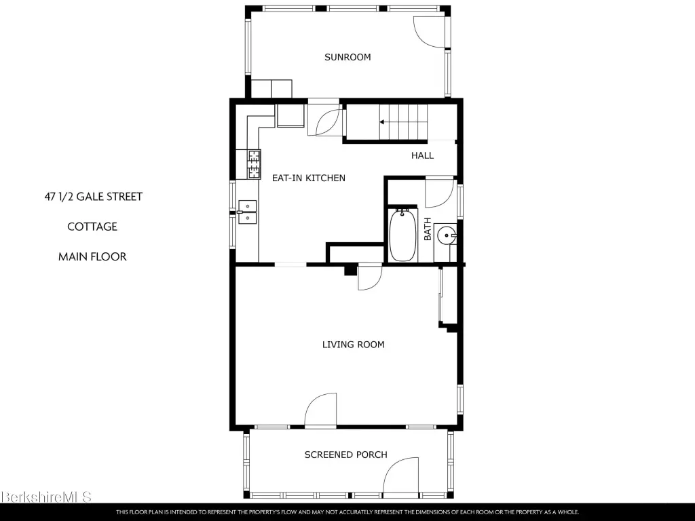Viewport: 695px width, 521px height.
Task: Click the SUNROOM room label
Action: point(347,57)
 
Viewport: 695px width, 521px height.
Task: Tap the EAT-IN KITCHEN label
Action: point(309,178)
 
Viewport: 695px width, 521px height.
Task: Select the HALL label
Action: point(422,155)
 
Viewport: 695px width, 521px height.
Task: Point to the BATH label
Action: point(428,229)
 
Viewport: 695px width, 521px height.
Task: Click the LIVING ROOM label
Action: point(353,345)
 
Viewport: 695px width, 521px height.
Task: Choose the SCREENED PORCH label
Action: point(345,455)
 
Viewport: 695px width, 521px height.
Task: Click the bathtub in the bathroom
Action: point(403,235)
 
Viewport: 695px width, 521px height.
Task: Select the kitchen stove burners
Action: point(254,164)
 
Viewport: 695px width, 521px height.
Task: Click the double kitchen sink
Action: point(247,212)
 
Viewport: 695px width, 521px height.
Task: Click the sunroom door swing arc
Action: point(430,33)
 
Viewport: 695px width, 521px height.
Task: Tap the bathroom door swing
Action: point(439,192)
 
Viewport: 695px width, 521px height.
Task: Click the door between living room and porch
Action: point(320,409)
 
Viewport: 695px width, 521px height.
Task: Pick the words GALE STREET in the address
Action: point(109,197)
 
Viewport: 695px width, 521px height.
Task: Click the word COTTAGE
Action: point(92,227)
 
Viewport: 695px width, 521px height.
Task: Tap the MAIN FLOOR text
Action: point(92,256)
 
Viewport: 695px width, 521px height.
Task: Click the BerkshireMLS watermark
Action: point(46,497)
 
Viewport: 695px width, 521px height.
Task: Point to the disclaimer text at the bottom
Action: point(347,512)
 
